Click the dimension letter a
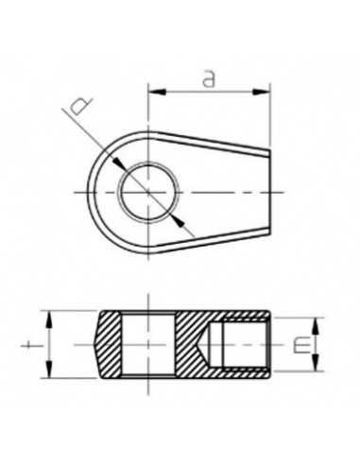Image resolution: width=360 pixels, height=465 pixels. tap(208, 79)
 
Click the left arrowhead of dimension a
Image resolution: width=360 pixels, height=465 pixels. tap(153, 93)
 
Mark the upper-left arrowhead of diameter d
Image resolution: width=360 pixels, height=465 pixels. tap(124, 166)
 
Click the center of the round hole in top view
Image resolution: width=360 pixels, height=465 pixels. tap(147, 191)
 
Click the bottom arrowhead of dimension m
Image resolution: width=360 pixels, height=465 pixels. tap(312, 374)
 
